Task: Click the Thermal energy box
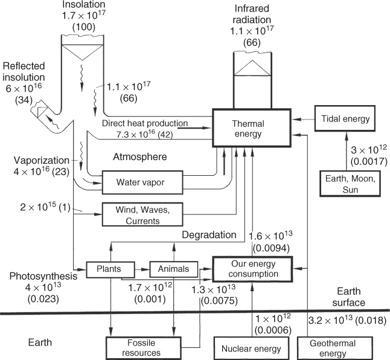pos(247,128)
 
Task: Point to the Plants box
pos(110,268)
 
